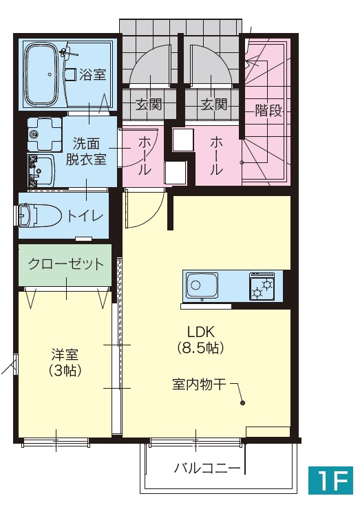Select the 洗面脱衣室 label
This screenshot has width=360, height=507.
click(85, 151)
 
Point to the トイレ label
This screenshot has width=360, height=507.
click(85, 216)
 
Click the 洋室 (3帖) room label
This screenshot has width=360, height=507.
click(65, 362)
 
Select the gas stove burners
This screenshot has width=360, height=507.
click(262, 285)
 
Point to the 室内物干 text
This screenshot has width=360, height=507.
click(199, 385)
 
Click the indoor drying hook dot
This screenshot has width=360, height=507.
click(242, 404)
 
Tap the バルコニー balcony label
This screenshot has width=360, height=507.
click(207, 469)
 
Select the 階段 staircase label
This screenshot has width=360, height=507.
click(268, 111)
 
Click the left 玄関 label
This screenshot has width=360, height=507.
click(148, 105)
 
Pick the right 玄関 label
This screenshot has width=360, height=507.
click(214, 105)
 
